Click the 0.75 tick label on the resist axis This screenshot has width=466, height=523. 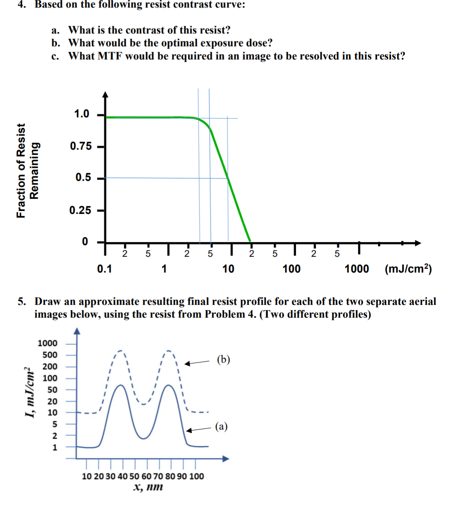pyautogui.click(x=80, y=146)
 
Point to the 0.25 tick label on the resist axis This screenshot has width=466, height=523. pyautogui.click(x=80, y=211)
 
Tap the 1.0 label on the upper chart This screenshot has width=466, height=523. pyautogui.click(x=81, y=114)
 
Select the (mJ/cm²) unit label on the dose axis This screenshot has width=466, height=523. pyautogui.click(x=408, y=269)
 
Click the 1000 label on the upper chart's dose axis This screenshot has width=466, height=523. pyautogui.click(x=356, y=269)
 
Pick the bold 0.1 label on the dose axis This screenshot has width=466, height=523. pyautogui.click(x=104, y=269)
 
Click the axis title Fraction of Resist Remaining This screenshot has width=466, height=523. pyautogui.click(x=27, y=170)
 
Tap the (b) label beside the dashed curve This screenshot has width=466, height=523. pyautogui.click(x=223, y=360)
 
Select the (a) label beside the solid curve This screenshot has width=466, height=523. pyautogui.click(x=221, y=426)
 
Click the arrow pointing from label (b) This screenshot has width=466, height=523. pyautogui.click(x=197, y=363)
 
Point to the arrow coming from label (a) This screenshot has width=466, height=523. pyautogui.click(x=199, y=430)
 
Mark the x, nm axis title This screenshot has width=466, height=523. pyautogui.click(x=148, y=487)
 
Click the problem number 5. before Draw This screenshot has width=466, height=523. pyautogui.click(x=22, y=302)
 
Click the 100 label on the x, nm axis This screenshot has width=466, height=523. pyautogui.click(x=197, y=476)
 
